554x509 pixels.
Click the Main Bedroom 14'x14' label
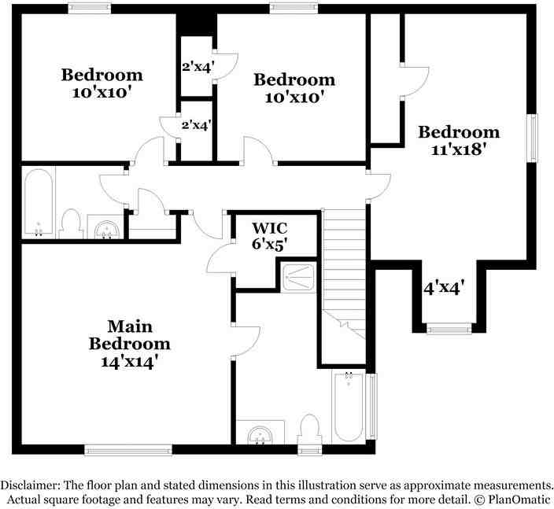coord(129,334)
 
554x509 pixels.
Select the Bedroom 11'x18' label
coord(458,140)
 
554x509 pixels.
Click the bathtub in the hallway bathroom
coord(39,204)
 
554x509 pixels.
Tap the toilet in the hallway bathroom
coord(72,223)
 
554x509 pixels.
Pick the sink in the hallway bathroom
coord(105,227)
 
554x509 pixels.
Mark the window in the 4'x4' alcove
coord(449,330)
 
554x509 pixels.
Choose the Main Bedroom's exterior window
coord(128,450)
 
